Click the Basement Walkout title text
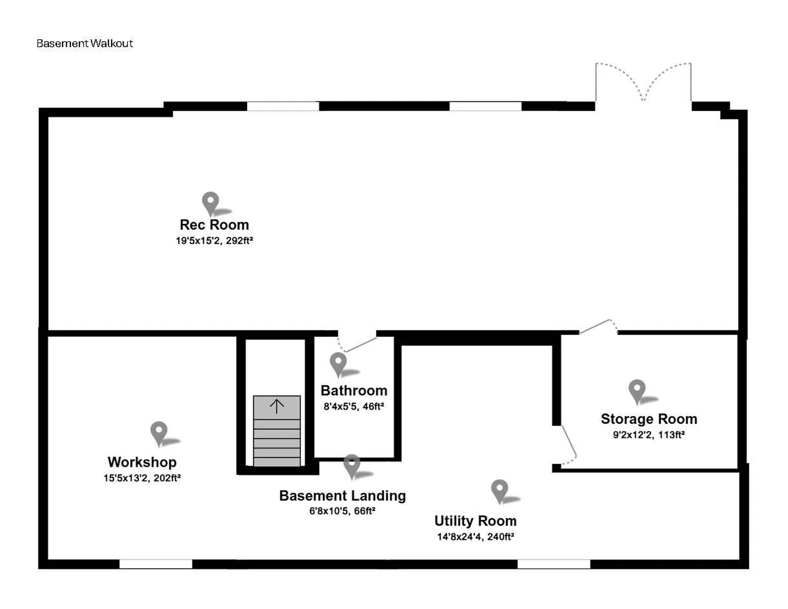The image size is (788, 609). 85,43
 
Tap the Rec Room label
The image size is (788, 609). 214,225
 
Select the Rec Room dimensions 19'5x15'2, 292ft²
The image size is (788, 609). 214,241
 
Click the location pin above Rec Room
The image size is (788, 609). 211,202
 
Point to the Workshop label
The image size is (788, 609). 142,462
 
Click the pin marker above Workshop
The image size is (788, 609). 159,432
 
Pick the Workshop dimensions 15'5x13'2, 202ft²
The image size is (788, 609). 142,478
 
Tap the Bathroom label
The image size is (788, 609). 354,391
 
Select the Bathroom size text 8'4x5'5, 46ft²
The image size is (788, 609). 354,407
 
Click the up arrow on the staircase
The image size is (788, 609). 277,406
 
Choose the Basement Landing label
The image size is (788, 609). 342,496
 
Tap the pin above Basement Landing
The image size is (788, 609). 352,465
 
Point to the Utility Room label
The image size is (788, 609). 475,521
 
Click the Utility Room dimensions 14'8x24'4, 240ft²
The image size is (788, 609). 475,537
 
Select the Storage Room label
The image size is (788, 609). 649,419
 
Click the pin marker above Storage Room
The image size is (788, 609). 637,390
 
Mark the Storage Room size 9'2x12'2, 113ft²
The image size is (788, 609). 649,435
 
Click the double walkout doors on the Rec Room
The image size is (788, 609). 643,84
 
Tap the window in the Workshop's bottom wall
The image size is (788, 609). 156,564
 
